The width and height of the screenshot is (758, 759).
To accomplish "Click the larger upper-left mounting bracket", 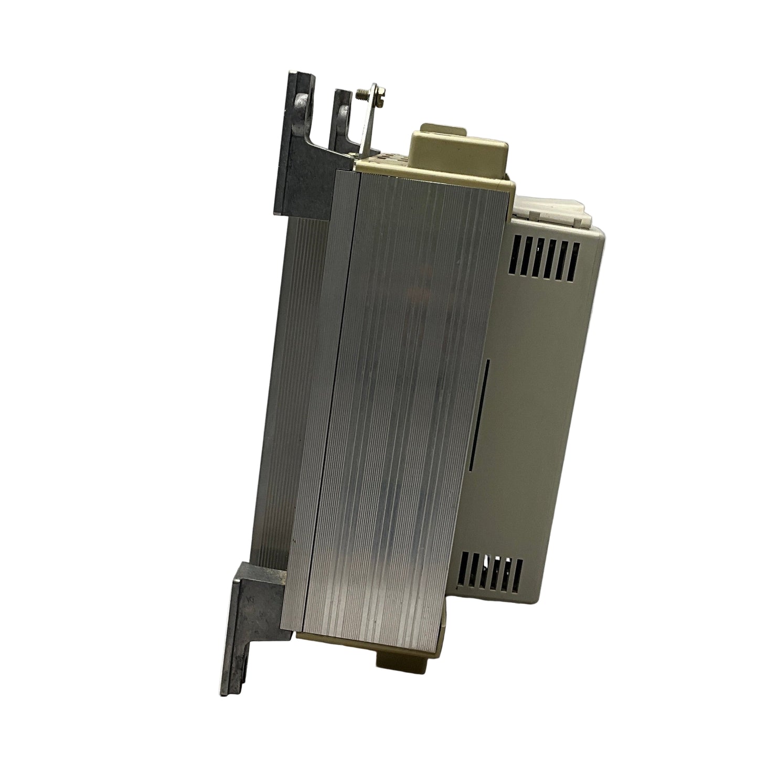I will click(296, 147).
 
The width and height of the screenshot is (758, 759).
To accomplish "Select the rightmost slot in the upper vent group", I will click(574, 256).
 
